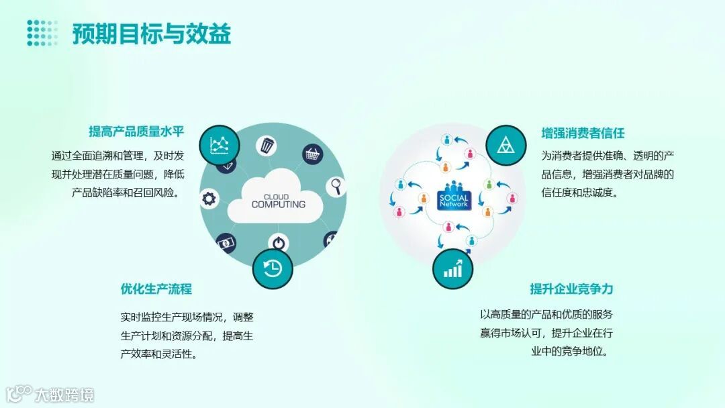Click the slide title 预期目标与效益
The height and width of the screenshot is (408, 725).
click(x=152, y=34)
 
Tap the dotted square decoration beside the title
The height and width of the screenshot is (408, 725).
click(x=42, y=33)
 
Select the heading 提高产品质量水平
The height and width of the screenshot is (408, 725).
click(x=136, y=132)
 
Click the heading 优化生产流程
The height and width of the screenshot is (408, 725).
click(x=156, y=289)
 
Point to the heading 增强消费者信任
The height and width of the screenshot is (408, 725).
click(x=583, y=133)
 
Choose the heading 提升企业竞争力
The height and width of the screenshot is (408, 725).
click(x=571, y=289)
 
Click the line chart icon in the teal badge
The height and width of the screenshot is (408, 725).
click(x=220, y=145)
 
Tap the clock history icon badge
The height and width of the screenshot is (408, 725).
click(x=273, y=268)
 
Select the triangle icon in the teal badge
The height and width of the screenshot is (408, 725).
click(x=505, y=146)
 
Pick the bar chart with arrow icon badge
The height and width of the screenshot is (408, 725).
click(x=452, y=268)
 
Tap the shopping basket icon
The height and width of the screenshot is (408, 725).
click(x=312, y=155)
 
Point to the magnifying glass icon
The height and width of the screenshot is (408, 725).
click(x=336, y=187)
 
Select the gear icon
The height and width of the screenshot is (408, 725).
click(x=209, y=199)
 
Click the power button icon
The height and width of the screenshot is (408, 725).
click(x=279, y=242)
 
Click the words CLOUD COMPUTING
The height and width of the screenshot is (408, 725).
click(x=278, y=201)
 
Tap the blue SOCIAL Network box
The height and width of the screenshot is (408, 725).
click(x=454, y=199)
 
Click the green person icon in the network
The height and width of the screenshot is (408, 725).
click(x=489, y=185)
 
